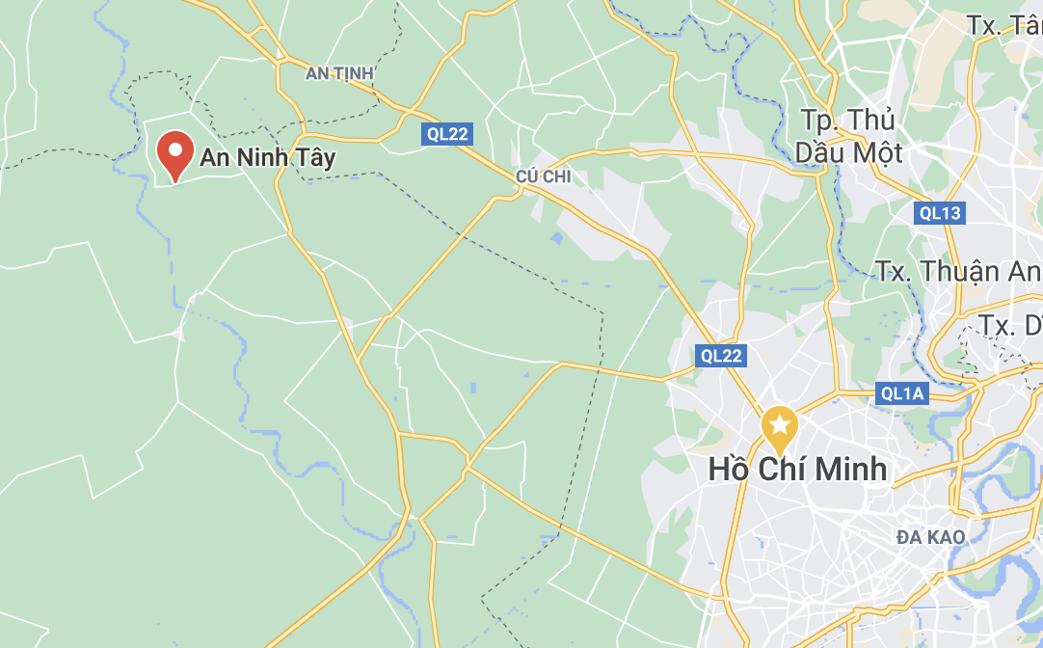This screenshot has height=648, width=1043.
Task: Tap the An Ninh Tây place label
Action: click(267, 158)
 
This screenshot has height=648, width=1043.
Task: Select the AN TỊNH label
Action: click(338, 73)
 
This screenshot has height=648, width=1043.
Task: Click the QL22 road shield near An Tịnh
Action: click(447, 134)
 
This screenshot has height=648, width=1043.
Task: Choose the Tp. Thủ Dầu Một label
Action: click(848, 136)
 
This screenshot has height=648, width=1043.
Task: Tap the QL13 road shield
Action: click(940, 213)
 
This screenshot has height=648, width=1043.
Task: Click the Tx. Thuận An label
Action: click(958, 271)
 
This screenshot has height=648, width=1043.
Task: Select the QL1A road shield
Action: click(902, 392)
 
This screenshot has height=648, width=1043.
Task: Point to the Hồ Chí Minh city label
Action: click(797, 470)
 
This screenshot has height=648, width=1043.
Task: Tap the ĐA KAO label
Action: click(930, 536)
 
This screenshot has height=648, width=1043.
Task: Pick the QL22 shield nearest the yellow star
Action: click(721, 356)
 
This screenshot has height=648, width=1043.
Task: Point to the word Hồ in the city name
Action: click(729, 470)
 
